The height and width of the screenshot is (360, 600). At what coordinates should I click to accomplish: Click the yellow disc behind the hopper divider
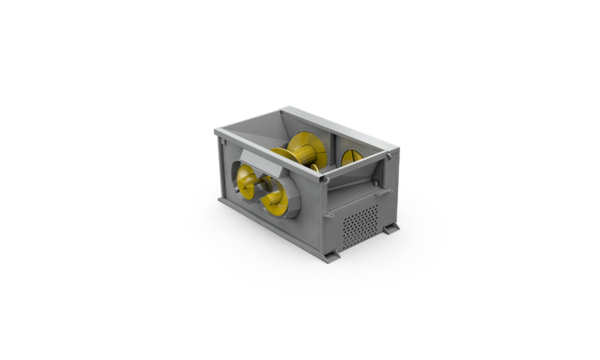351,158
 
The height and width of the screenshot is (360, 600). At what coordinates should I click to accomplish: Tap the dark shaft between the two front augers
263,191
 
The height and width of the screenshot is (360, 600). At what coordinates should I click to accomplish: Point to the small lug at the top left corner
222,138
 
